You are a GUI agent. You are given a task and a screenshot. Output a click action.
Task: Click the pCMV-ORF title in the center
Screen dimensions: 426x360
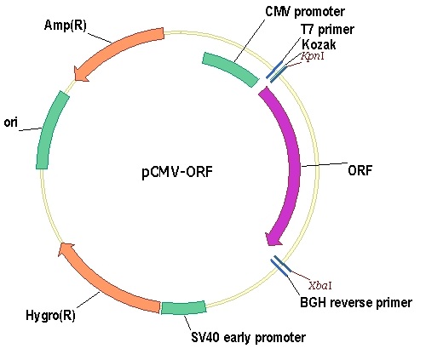click(x=177, y=172)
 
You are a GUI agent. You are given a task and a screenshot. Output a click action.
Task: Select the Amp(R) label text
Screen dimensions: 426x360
click(x=66, y=26)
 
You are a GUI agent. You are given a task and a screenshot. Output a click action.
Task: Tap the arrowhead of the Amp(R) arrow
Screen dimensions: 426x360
click(x=80, y=74)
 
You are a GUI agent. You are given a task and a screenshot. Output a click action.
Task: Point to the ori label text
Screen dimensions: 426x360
click(x=11, y=123)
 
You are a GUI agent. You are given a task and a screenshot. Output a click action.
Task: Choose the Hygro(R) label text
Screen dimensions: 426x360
click(x=50, y=316)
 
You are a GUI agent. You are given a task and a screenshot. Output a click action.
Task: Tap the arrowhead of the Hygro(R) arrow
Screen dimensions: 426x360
click(x=66, y=249)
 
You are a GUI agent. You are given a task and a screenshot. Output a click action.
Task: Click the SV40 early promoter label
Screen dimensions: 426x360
click(x=248, y=338)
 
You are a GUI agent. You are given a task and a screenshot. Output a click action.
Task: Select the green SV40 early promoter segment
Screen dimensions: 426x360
click(x=183, y=308)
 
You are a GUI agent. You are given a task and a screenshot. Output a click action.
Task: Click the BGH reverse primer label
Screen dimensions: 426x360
click(x=356, y=303)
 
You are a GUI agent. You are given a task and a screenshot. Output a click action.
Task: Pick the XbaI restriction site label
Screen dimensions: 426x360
click(x=320, y=286)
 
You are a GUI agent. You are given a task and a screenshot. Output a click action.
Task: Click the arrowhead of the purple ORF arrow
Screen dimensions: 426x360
click(x=273, y=237)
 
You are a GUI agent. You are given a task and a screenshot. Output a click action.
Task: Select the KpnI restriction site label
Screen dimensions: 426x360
click(x=312, y=56)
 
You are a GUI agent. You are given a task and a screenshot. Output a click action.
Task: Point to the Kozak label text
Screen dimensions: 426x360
click(x=319, y=45)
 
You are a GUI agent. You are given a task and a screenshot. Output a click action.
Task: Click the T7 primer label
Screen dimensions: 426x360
click(x=327, y=30)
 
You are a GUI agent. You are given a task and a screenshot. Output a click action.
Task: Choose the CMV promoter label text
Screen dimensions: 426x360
click(x=305, y=12)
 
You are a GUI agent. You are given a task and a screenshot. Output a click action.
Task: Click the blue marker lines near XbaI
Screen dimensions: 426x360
click(x=280, y=266)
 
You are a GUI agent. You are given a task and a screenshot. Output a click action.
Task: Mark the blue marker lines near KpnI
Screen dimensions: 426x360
click(x=277, y=71)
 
